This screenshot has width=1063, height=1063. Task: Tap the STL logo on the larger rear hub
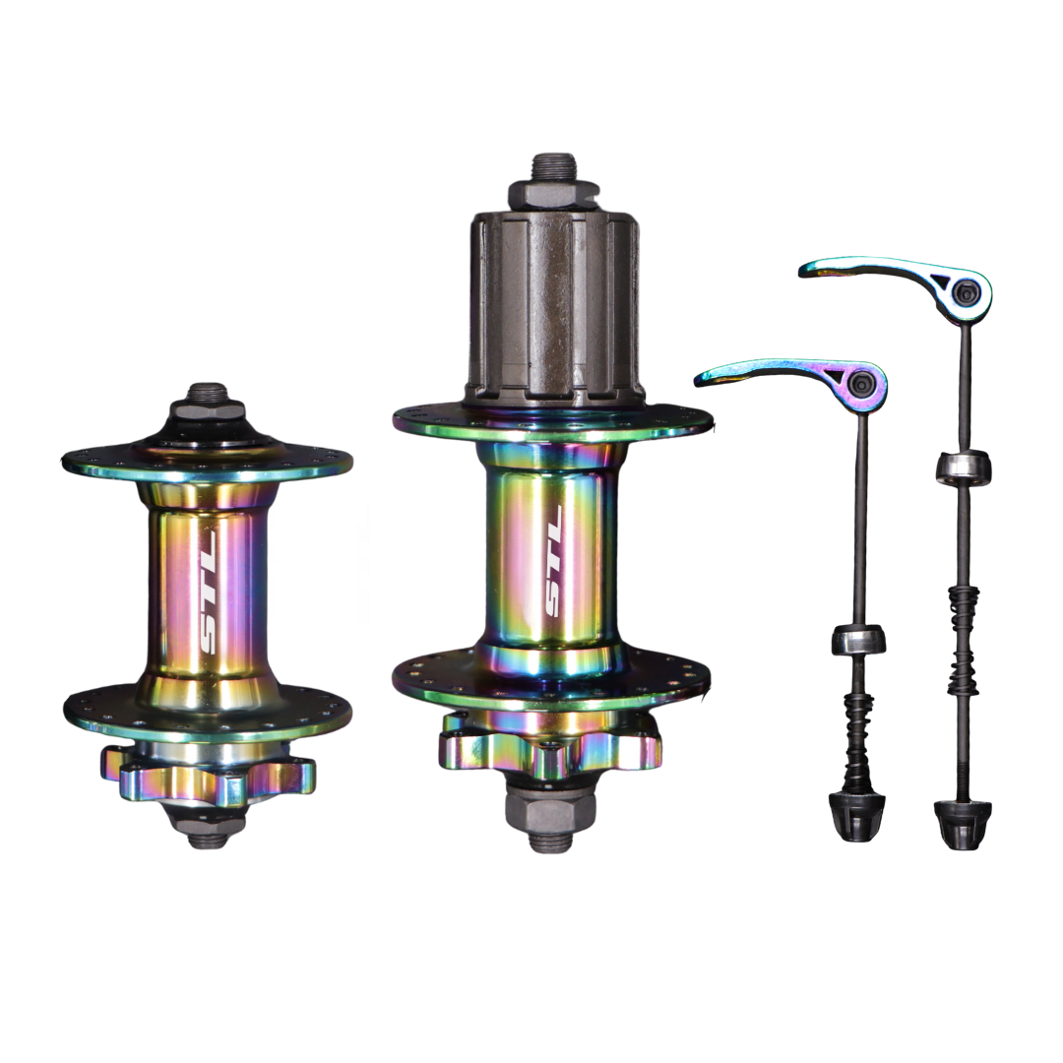pyautogui.click(x=554, y=561)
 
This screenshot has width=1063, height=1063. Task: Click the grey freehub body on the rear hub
pyautogui.click(x=554, y=308)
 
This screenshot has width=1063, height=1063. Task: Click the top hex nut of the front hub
pyautogui.click(x=208, y=410)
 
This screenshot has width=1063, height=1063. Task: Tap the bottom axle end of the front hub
pyautogui.click(x=207, y=840)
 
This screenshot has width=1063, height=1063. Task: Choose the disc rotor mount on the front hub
pyautogui.click(x=208, y=773)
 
